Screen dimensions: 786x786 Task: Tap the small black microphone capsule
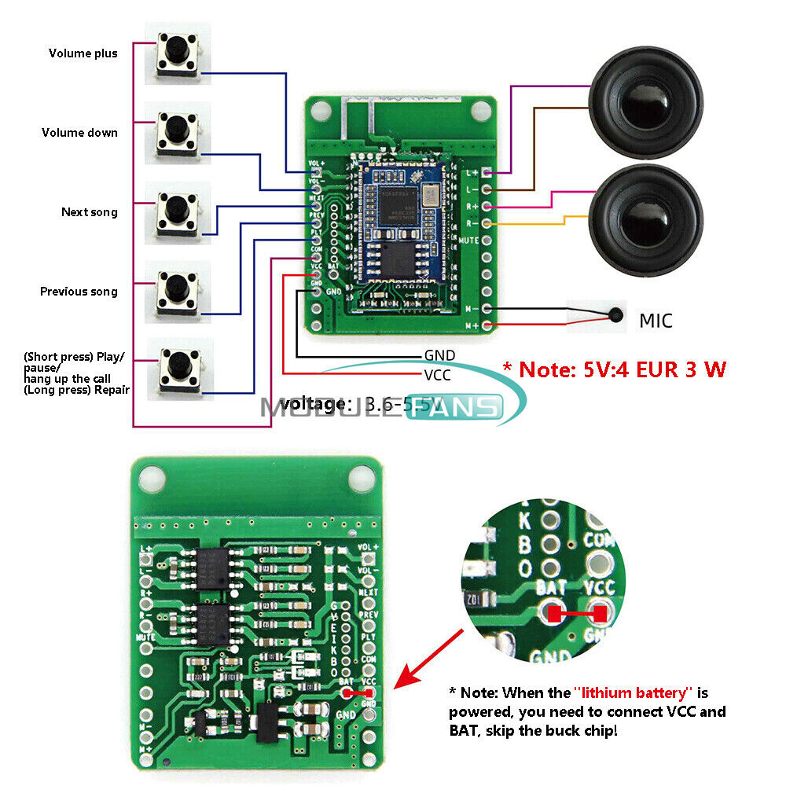[615, 317]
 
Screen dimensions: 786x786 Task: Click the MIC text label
[656, 321]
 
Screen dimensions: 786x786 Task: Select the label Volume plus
[83, 53]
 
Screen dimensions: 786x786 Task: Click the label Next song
[89, 212]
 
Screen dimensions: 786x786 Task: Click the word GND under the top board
[439, 356]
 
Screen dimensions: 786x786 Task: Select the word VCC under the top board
[437, 375]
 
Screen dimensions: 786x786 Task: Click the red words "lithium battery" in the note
[633, 692]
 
